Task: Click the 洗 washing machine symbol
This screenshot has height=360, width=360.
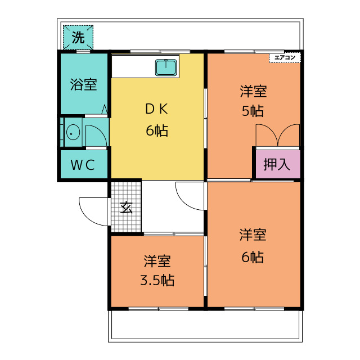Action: coord(78,37)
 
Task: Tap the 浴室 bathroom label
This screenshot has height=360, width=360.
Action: coord(83,84)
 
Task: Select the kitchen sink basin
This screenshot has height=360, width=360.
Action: coord(166,67)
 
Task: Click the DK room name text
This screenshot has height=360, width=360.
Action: coord(157,109)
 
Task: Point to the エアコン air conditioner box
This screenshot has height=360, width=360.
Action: coord(285,58)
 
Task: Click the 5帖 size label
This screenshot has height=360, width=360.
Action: coord(253,111)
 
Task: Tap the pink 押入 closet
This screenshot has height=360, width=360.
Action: coord(278,164)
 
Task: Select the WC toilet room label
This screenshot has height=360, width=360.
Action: coord(83,165)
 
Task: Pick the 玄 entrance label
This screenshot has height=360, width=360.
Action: coord(126,208)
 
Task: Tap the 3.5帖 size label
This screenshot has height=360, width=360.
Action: coord(157,280)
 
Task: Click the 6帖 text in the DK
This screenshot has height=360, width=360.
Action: coord(157,131)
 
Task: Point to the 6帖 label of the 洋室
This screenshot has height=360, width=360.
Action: coord(253,257)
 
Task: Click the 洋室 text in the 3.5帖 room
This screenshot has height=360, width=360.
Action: coord(157,261)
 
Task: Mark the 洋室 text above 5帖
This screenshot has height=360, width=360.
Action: coord(253,91)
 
